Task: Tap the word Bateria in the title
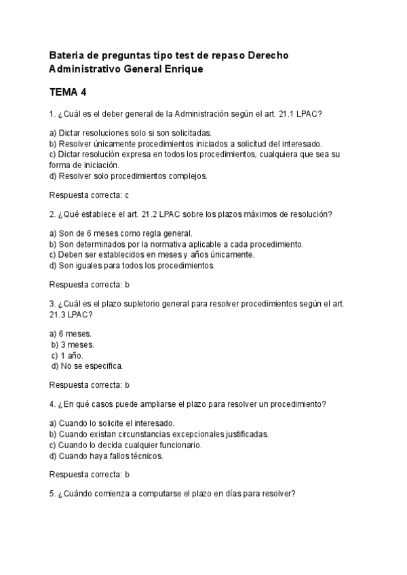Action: [x=69, y=55]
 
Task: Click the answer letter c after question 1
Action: [x=127, y=195]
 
